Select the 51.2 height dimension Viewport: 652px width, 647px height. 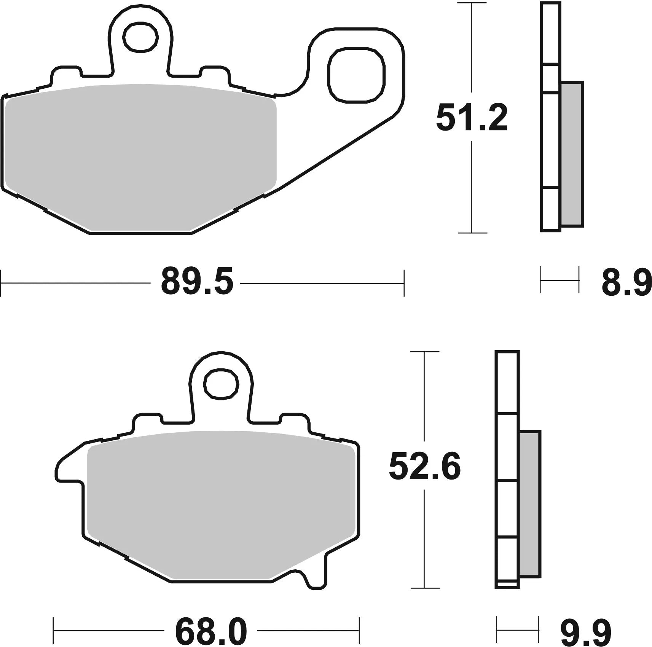pos(472,118)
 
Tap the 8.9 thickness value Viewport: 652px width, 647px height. pos(626,282)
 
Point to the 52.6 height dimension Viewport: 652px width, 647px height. pos(424,467)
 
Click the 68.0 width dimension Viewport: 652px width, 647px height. pos(211,631)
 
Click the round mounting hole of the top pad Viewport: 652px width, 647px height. pos(140,37)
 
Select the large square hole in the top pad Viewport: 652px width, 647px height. pos(356,75)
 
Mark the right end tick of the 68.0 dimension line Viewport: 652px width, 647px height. pos(359,631)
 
